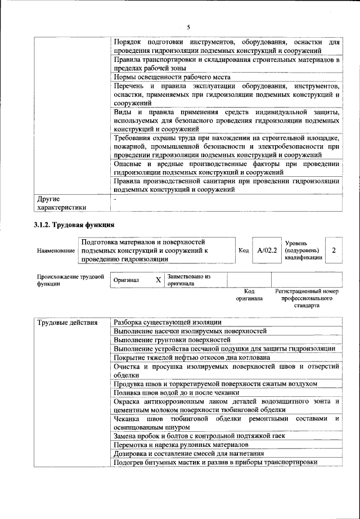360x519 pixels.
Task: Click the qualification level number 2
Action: click(335, 250)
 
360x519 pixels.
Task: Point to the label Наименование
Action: click(56, 250)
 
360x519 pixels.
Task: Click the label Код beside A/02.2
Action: click(244, 250)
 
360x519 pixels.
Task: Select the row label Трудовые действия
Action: click(63, 323)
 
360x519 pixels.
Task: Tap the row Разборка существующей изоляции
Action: click(168, 322)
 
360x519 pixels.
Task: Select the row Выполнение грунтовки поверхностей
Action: click(172, 340)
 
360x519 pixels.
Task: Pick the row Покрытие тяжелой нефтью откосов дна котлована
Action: click(192, 357)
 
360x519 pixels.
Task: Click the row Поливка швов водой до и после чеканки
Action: click(177, 392)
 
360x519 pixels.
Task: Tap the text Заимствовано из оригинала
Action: click(188, 280)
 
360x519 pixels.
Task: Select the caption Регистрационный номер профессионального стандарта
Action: click(306, 298)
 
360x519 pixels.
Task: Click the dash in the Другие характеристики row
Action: click(115, 199)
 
